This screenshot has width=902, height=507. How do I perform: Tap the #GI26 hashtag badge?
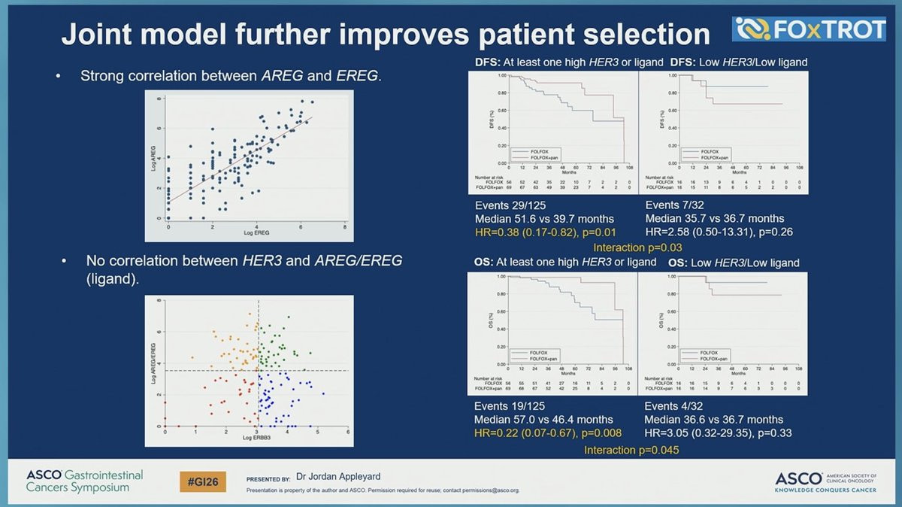pyautogui.click(x=202, y=481)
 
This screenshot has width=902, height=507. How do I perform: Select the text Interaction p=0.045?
pyautogui.click(x=631, y=450)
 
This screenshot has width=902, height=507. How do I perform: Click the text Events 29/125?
pyautogui.click(x=509, y=204)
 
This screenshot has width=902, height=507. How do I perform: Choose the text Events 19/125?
pyautogui.click(x=509, y=405)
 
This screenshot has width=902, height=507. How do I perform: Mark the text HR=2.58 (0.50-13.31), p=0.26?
pyautogui.click(x=719, y=232)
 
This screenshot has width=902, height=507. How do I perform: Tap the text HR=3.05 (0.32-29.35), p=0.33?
pyautogui.click(x=719, y=433)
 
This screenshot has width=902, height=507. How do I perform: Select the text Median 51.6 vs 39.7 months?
pyautogui.click(x=543, y=218)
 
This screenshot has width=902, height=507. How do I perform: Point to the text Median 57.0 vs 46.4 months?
pyautogui.click(x=543, y=420)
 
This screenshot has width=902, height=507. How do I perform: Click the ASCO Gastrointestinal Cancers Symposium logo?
pyautogui.click(x=84, y=481)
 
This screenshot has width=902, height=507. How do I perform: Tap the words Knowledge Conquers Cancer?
pyautogui.click(x=824, y=490)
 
